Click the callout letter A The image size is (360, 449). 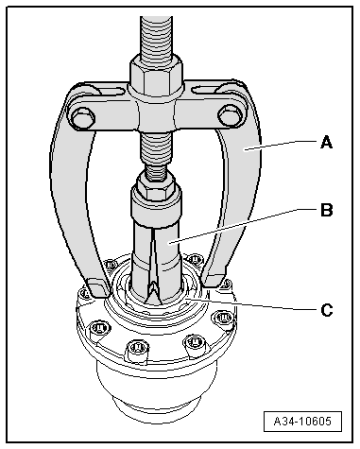(x=327, y=142)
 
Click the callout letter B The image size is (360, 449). (x=327, y=210)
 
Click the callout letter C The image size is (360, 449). (x=327, y=310)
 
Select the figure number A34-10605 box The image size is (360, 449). (x=302, y=421)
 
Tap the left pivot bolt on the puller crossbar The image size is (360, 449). (x=83, y=118)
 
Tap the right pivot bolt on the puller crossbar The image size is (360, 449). (x=230, y=115)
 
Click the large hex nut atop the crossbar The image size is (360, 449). (x=156, y=75)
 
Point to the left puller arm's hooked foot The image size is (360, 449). (x=97, y=286)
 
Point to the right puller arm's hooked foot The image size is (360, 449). (x=214, y=281)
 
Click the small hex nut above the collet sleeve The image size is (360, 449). (x=155, y=187)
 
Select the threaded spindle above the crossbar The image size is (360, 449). (x=157, y=35)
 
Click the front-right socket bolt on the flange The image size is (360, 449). (x=195, y=343)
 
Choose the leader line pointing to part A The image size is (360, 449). (x=281, y=147)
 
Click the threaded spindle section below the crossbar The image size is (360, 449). (x=156, y=151)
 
